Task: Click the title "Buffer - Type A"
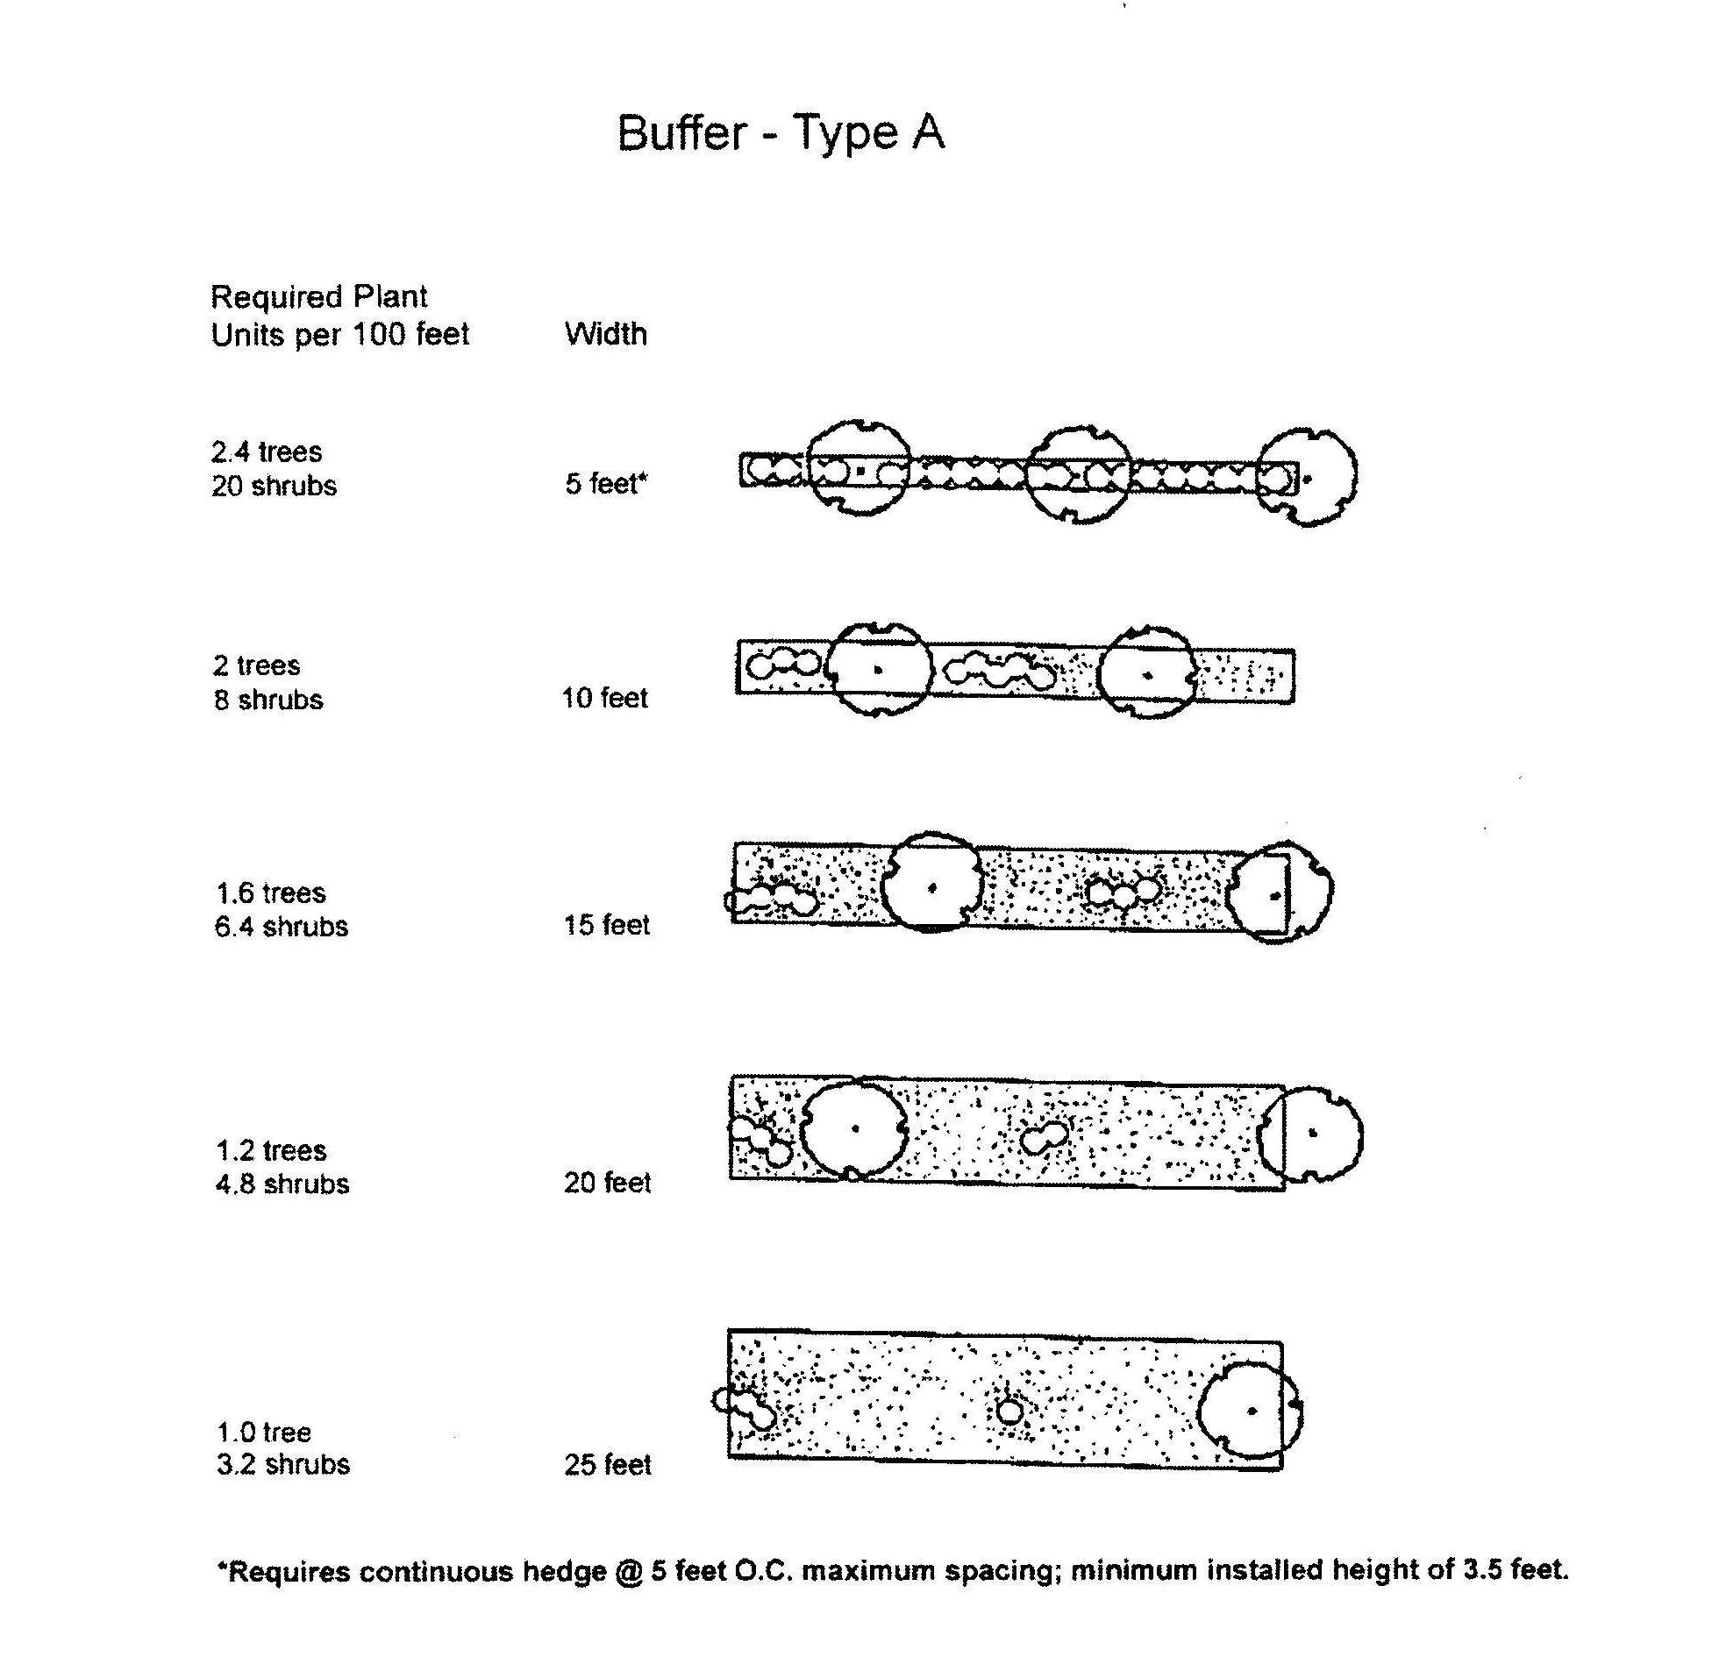click(781, 133)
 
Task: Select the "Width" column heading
click(605, 334)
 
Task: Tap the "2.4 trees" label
click(267, 452)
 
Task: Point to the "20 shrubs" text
click(274, 486)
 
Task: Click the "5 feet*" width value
click(606, 483)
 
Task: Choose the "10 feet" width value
click(604, 698)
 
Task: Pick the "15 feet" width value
click(606, 925)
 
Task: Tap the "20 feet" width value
click(607, 1183)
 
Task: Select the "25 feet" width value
click(607, 1465)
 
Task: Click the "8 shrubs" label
click(268, 700)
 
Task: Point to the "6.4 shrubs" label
click(282, 927)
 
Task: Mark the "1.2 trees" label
click(271, 1150)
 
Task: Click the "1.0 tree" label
click(264, 1433)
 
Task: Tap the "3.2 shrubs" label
click(283, 1465)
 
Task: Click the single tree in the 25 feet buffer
click(1250, 1411)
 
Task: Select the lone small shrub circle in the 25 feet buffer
click(1010, 1412)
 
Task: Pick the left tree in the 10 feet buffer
click(878, 671)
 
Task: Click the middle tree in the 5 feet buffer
click(1079, 475)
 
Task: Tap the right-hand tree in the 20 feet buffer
click(1311, 1134)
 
